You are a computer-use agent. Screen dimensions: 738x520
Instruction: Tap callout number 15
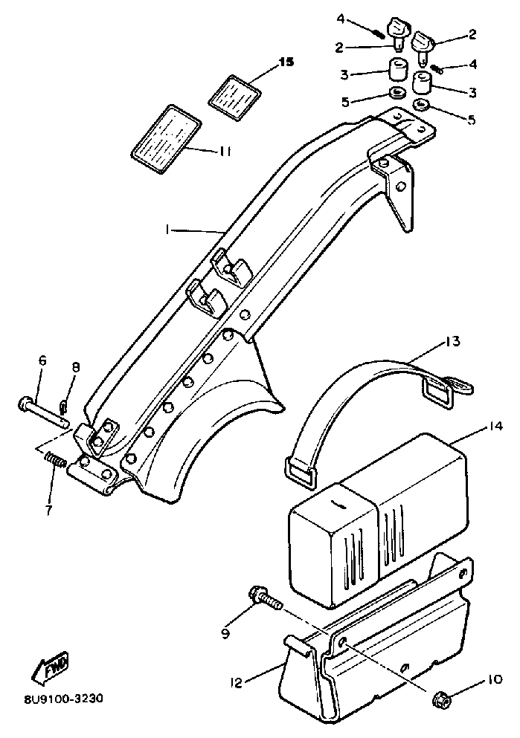point(286,62)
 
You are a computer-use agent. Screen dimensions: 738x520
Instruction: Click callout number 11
point(225,151)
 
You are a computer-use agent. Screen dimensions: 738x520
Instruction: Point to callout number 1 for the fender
point(170,231)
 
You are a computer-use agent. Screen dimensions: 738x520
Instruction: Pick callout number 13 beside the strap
point(452,342)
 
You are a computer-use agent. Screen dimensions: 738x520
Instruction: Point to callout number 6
point(42,360)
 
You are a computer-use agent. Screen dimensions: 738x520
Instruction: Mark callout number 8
point(75,366)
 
